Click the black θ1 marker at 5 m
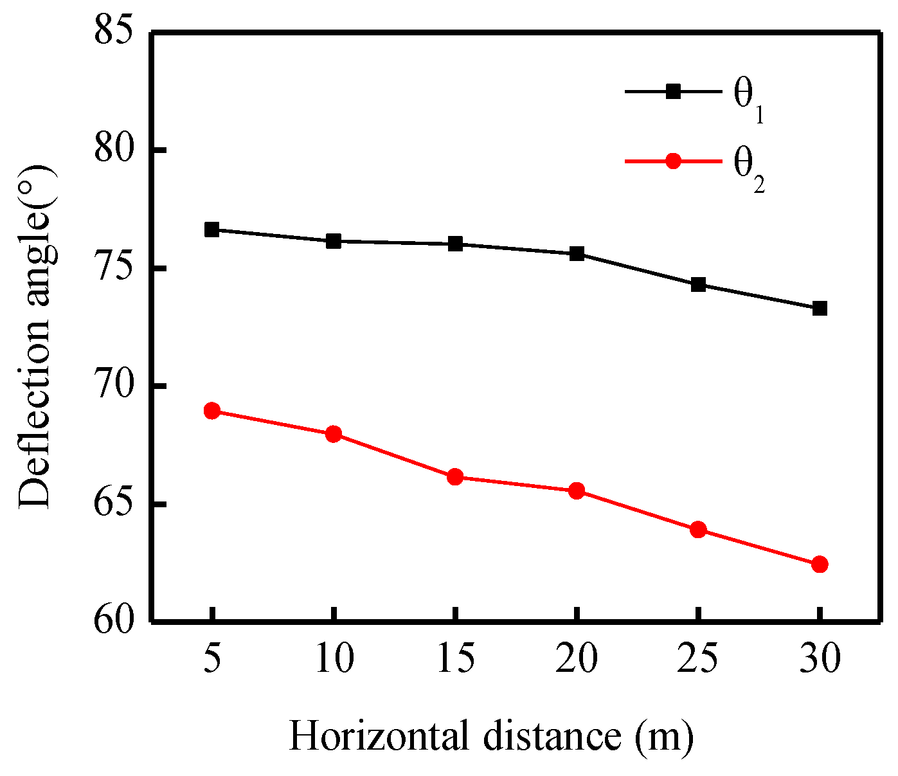click(211, 230)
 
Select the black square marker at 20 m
click(577, 254)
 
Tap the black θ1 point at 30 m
click(820, 309)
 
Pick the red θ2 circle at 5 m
click(211, 411)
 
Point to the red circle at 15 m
click(455, 477)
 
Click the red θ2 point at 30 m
click(820, 564)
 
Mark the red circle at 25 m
click(698, 530)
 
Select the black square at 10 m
click(333, 241)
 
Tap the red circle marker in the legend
click(672, 161)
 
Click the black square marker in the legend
click(672, 91)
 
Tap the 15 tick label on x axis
click(455, 659)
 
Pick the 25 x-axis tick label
click(698, 659)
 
